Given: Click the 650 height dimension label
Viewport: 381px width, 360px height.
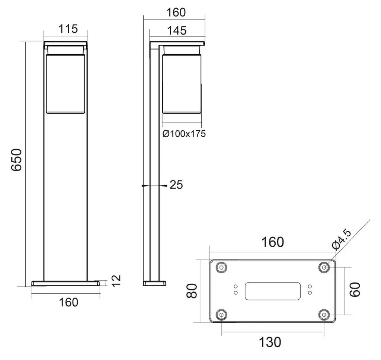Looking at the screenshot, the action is click(x=17, y=160).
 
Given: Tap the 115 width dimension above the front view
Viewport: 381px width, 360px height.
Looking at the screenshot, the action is click(x=68, y=29).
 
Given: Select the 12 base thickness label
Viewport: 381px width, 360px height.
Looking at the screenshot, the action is click(x=116, y=281).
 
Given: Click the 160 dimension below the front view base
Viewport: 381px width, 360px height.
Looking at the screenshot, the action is click(x=68, y=302).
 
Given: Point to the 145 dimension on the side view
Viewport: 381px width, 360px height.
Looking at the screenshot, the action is click(x=177, y=31).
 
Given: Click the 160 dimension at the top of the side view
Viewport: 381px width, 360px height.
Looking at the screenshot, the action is click(x=176, y=12).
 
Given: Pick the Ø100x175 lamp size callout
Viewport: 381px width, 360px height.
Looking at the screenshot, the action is click(x=184, y=134).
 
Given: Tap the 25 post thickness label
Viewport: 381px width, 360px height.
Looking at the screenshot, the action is click(x=176, y=185).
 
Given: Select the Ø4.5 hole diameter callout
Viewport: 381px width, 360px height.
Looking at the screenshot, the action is click(x=342, y=239).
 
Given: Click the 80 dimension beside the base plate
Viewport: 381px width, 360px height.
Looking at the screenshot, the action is click(x=192, y=291).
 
